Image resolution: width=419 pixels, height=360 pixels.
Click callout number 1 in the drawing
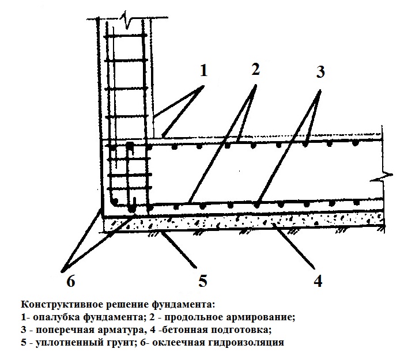tap(204, 70)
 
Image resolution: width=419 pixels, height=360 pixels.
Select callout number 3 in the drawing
tap(320, 71)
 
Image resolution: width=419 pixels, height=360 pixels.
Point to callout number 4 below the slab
tap(318, 281)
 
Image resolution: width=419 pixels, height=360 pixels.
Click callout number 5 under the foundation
tap(203, 281)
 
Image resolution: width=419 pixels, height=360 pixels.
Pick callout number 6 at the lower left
tap(70, 281)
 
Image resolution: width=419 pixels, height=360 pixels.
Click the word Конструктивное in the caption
tap(62, 305)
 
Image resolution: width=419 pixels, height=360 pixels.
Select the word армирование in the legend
tap(261, 317)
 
